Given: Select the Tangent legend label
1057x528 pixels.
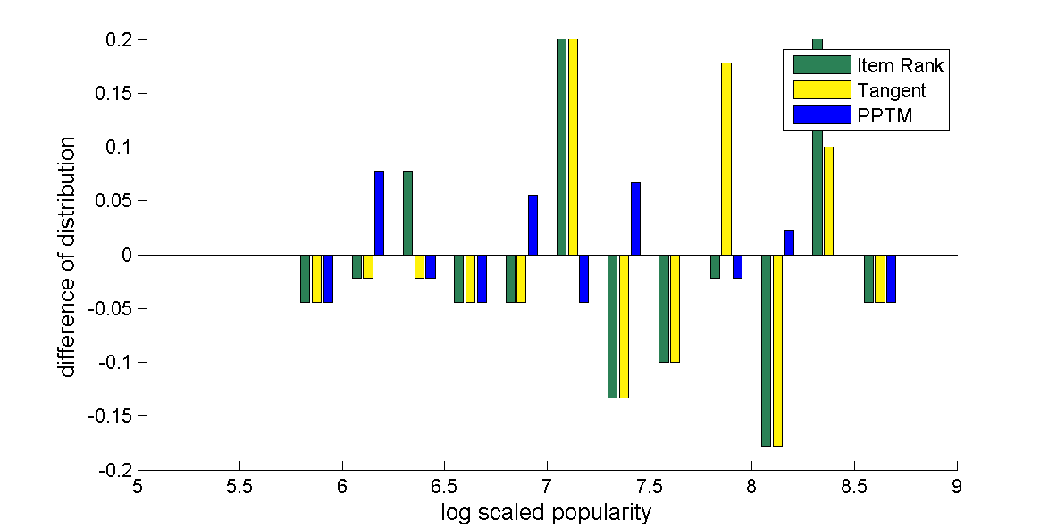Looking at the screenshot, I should (891, 90).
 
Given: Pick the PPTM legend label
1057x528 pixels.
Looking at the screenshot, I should (885, 115).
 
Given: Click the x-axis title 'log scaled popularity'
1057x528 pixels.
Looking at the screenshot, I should (546, 513).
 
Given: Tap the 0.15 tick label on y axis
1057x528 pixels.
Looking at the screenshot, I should (114, 94).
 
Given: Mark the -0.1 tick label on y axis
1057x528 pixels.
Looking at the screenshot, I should (113, 363).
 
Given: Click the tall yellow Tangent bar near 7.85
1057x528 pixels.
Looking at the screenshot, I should (726, 159).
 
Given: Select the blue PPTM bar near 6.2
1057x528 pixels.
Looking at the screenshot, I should (379, 213).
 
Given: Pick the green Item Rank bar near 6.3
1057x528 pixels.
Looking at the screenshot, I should (407, 213).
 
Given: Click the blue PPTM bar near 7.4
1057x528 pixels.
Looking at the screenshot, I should (635, 219).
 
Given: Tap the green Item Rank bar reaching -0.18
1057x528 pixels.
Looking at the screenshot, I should (767, 350).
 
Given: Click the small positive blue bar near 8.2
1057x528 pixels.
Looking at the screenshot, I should (789, 243).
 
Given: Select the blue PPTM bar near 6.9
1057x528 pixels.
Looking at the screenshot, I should (533, 225).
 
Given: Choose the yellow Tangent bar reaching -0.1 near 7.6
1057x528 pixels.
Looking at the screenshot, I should (675, 308).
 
